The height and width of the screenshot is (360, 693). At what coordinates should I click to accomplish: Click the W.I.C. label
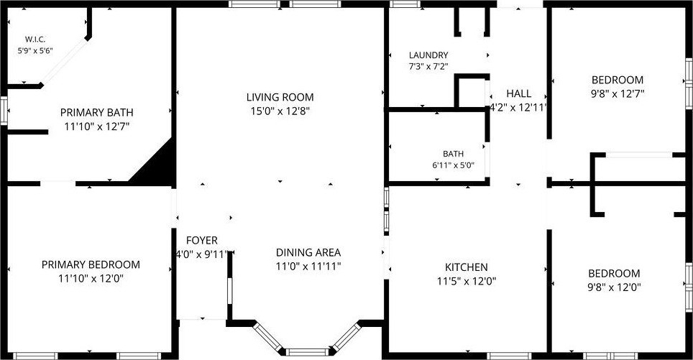coord(35,40)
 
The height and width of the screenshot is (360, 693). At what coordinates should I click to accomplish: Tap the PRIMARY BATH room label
coord(97,113)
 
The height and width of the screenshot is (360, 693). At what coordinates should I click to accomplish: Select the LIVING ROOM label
coord(280,97)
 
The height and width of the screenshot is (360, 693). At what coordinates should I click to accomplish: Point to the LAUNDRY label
coord(428,55)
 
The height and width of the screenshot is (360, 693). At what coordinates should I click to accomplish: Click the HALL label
coord(519,93)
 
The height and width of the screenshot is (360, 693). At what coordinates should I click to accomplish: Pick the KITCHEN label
coord(467,267)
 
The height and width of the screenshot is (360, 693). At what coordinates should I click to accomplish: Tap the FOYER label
coord(201,240)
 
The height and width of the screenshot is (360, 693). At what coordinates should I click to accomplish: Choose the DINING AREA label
coord(308,253)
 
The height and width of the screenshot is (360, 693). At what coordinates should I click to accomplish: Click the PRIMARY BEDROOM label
coord(91,264)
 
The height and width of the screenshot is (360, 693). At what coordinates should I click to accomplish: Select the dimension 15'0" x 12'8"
coord(280,111)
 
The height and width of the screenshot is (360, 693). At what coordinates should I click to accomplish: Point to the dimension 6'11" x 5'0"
coord(453,166)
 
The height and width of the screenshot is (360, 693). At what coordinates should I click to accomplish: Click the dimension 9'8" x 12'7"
coord(618,93)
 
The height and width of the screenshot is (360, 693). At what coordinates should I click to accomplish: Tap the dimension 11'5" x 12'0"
coord(467,282)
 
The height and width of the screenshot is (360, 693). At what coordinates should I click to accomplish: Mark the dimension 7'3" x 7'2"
coord(428,67)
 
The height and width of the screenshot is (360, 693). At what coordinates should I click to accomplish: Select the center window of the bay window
coord(307,352)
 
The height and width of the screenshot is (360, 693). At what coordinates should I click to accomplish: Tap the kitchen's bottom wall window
coord(509,356)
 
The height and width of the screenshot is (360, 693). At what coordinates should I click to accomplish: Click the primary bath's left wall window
coord(4,111)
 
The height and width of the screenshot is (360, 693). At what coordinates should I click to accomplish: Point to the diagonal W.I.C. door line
coord(64,61)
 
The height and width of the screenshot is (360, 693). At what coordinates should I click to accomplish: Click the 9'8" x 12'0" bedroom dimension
coord(614,287)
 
